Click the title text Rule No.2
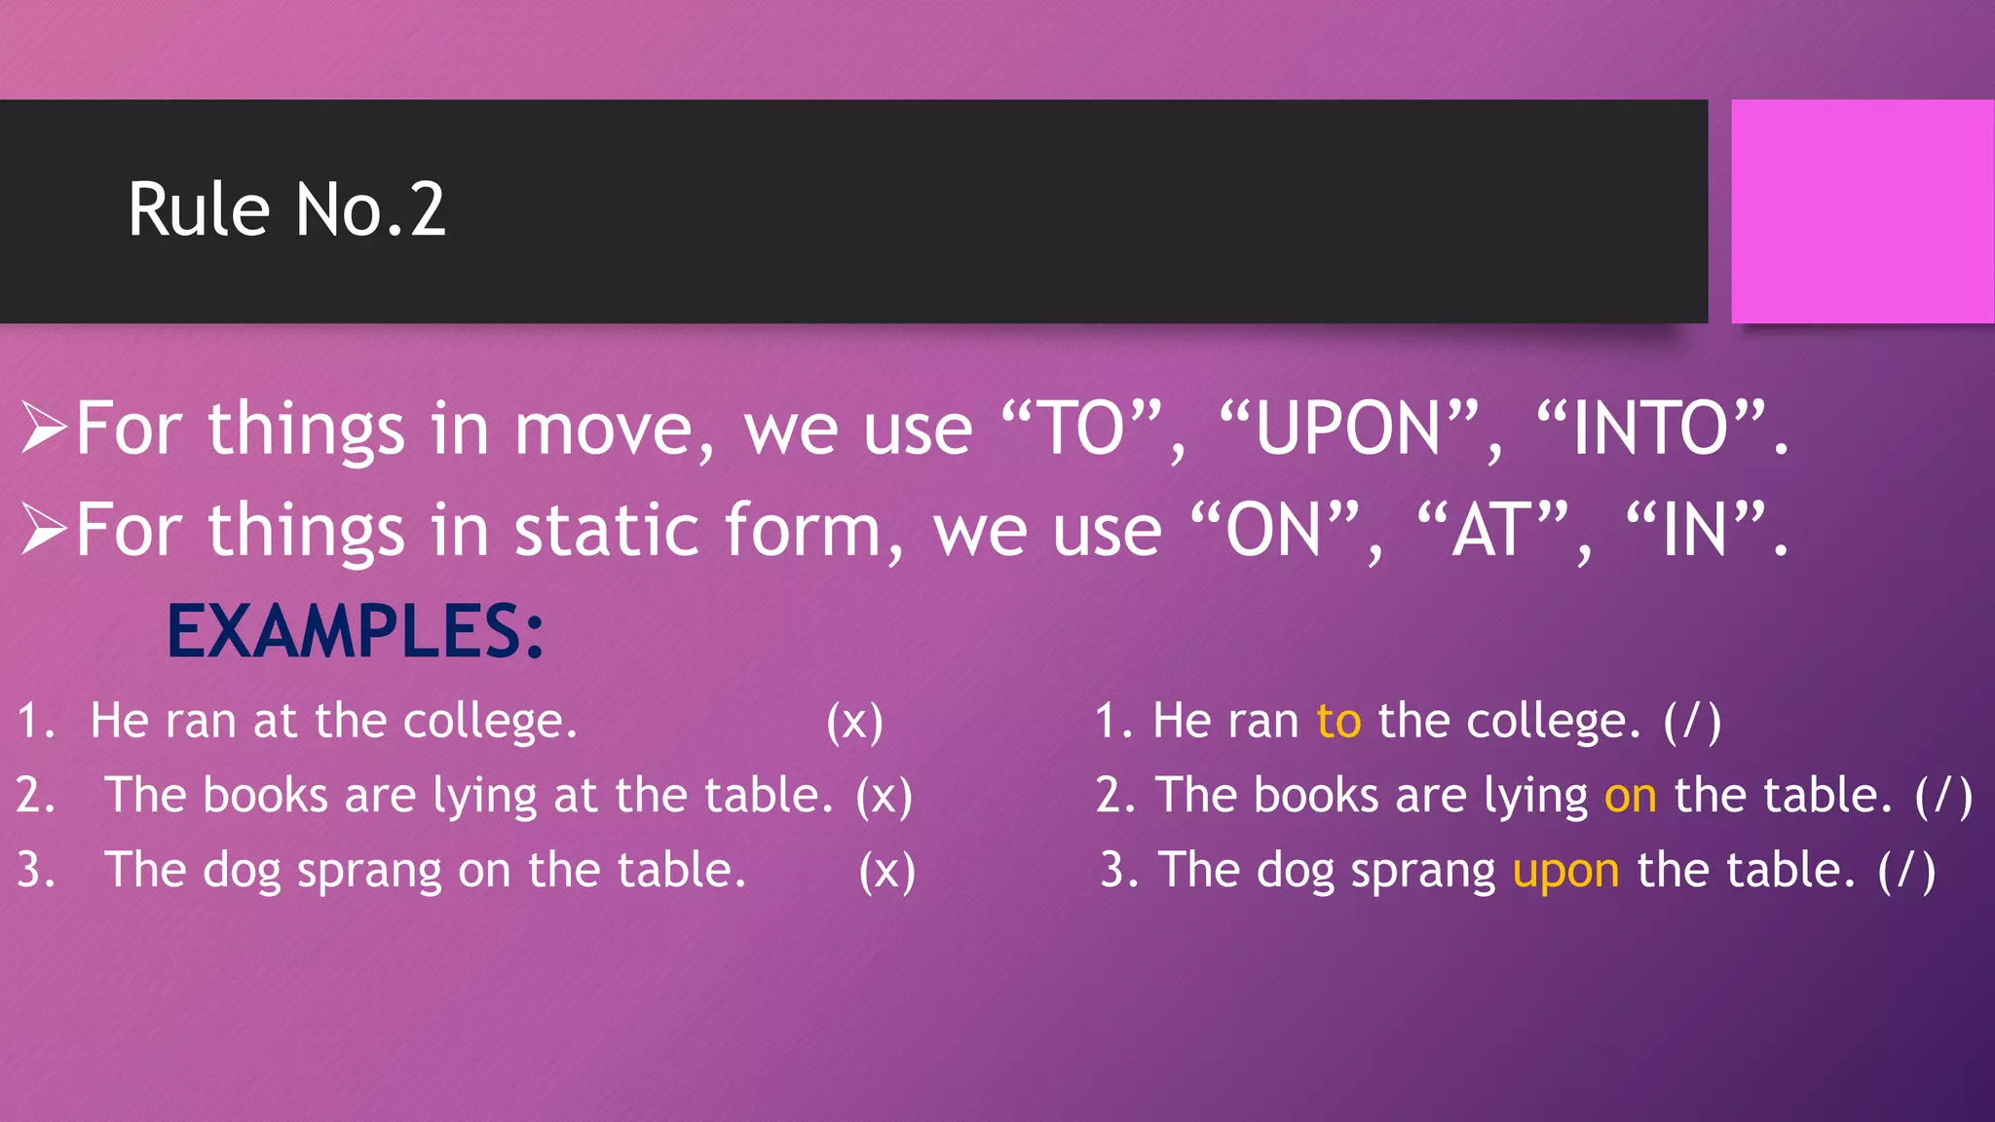tap(286, 209)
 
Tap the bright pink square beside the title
tap(1862, 211)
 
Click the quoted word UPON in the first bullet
tap(1348, 430)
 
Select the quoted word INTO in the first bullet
tap(1651, 430)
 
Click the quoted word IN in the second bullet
tap(1695, 531)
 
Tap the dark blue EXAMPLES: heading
tap(356, 632)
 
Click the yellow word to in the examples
tap(1338, 722)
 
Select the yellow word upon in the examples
tap(1565, 871)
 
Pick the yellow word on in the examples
tap(1630, 796)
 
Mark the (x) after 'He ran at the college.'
tap(854, 723)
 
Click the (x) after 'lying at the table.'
tap(884, 797)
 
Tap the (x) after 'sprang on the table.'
tap(886, 871)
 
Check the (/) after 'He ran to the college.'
tap(1692, 723)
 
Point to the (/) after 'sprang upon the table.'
tap(1906, 871)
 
